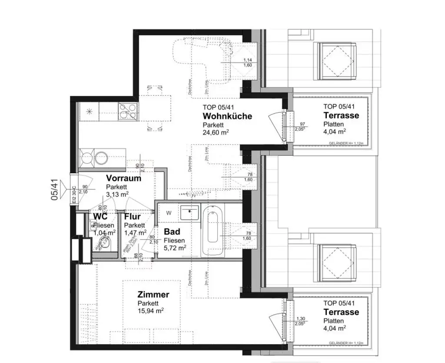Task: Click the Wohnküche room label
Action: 227,116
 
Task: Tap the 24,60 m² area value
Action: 216,133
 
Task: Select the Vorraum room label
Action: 124,178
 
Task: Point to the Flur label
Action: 132,217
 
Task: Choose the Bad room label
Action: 172,232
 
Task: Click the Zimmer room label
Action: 153,295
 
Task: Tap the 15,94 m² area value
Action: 151,311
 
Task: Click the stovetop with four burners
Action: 127,111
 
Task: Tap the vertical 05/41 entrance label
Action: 54,190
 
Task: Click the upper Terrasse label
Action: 341,115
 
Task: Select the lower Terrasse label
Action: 341,312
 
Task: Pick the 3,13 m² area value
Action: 117,194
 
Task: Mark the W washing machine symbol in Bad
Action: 168,213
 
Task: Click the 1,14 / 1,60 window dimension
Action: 248,62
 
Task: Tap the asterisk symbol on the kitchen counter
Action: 90,111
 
